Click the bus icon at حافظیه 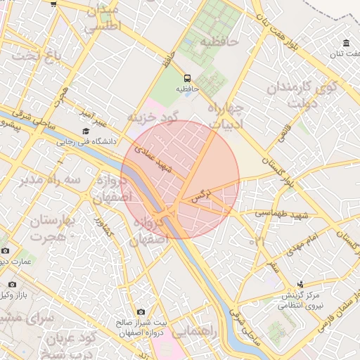point(187,78)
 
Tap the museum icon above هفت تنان point(346,43)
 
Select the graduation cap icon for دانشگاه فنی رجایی point(86,131)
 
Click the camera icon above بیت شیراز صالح point(141,311)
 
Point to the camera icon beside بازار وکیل point(12,285)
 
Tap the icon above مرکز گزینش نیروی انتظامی point(301,285)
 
